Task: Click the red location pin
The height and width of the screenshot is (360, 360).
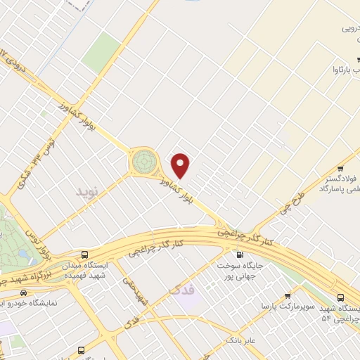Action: (181, 166)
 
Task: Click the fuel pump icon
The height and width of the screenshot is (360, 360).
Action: (240, 255)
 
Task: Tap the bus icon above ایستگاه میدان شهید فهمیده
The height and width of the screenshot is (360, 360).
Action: (85, 255)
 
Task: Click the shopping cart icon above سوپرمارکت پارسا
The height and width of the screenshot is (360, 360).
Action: (288, 296)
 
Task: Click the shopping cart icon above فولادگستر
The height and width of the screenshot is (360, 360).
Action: (341, 168)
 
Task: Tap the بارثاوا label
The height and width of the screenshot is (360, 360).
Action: (345, 71)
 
